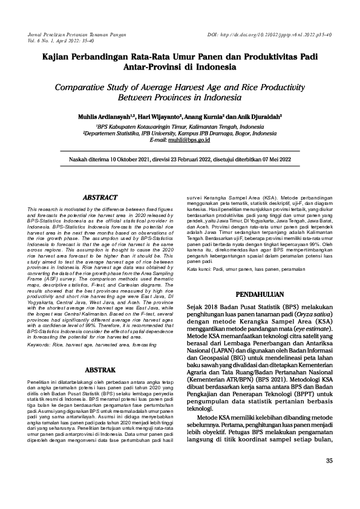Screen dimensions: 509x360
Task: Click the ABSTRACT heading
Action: click(100, 197)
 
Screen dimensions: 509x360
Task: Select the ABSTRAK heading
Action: click(99, 369)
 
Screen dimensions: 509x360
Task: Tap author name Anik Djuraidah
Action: click(259, 115)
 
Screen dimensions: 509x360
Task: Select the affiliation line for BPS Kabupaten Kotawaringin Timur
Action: click(180, 126)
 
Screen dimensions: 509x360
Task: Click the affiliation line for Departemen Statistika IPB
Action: click(180, 133)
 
